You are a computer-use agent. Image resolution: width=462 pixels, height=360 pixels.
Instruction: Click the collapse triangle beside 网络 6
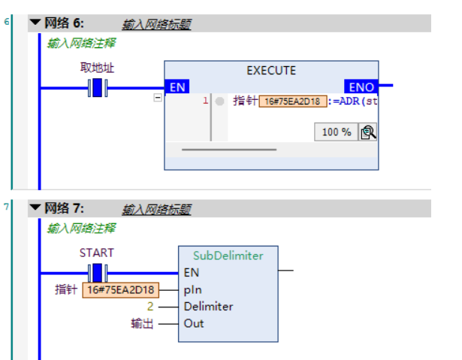(x=35, y=23)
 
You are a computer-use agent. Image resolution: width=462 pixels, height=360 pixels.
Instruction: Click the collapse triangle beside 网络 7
(x=35, y=208)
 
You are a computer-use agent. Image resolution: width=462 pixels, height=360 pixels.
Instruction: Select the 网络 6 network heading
(x=65, y=24)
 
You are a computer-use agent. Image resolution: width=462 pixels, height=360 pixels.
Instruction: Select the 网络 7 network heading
(x=65, y=208)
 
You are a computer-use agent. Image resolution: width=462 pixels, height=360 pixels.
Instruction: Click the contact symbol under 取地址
(x=98, y=88)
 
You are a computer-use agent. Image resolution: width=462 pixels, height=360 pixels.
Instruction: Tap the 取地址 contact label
(x=98, y=68)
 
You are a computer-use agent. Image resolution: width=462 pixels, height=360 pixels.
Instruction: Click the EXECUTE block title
(x=271, y=71)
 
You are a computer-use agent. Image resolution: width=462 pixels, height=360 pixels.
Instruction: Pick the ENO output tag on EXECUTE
(x=361, y=87)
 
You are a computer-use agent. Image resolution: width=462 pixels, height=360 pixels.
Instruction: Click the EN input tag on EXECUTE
(x=178, y=87)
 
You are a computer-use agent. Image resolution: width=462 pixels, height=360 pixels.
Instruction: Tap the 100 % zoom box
(x=337, y=132)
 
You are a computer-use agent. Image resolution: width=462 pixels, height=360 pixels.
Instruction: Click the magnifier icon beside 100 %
(x=367, y=132)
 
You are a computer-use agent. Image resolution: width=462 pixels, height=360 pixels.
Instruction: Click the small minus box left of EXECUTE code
(x=157, y=98)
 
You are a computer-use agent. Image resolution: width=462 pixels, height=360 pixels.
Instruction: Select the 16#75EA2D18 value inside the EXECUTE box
(x=293, y=101)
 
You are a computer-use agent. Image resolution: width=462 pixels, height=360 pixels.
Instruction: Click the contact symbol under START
(x=98, y=272)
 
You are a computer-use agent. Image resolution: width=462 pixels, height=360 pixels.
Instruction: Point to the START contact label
(x=97, y=253)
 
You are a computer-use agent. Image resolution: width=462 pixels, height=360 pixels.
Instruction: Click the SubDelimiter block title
(x=228, y=256)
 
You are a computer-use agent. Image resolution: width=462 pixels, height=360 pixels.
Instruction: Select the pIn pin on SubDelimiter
(x=192, y=289)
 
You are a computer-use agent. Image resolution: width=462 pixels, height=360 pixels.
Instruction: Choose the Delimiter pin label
(x=208, y=307)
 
